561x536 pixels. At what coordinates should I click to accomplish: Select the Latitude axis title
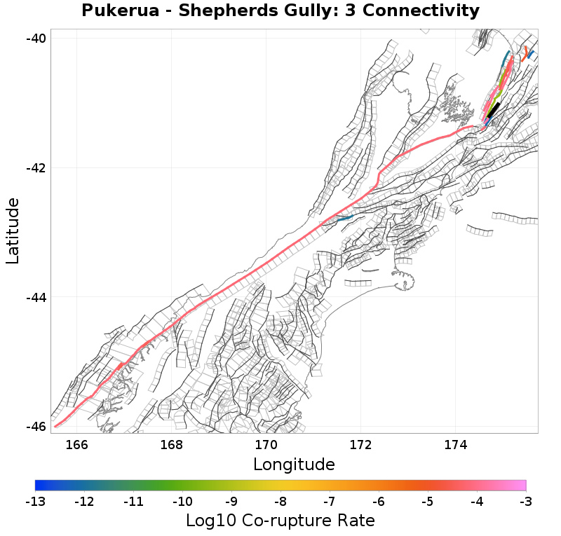point(13,231)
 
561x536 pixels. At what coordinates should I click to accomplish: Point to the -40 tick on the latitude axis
point(38,38)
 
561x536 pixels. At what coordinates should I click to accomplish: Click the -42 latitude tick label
point(38,168)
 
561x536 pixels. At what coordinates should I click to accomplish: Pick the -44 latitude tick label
point(38,297)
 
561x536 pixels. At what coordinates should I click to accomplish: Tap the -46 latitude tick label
point(38,427)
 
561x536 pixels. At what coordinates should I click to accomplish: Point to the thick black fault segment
point(492,109)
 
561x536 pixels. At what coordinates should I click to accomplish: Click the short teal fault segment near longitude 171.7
point(344,219)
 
